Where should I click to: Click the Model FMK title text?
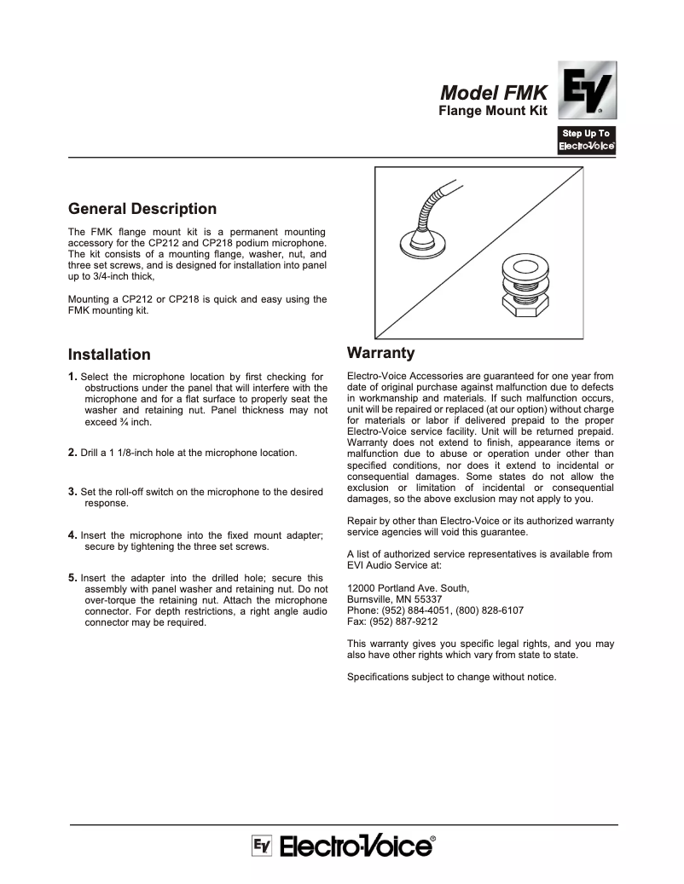click(494, 94)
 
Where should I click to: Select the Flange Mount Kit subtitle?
click(493, 112)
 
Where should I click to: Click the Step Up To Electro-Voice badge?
click(587, 140)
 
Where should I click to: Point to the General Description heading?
click(142, 209)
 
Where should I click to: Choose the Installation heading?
click(109, 355)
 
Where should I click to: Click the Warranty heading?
click(380, 353)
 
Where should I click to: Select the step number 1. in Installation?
click(72, 377)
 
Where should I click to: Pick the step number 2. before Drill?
click(72, 453)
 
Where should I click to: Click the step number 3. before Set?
click(72, 492)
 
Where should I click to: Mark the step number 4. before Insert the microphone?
click(72, 534)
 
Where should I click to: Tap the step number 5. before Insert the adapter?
click(72, 577)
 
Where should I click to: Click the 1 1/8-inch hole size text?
click(133, 453)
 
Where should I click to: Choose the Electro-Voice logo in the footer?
click(343, 846)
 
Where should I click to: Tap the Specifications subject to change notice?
click(451, 677)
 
